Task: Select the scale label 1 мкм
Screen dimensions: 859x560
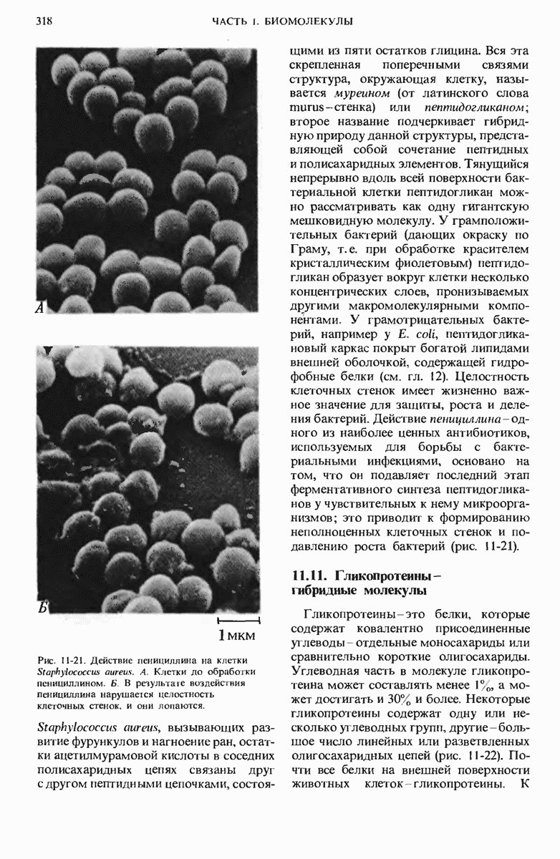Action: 237,635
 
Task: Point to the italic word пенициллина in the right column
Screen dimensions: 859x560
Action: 459,419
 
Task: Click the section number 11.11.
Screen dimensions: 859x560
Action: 310,576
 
